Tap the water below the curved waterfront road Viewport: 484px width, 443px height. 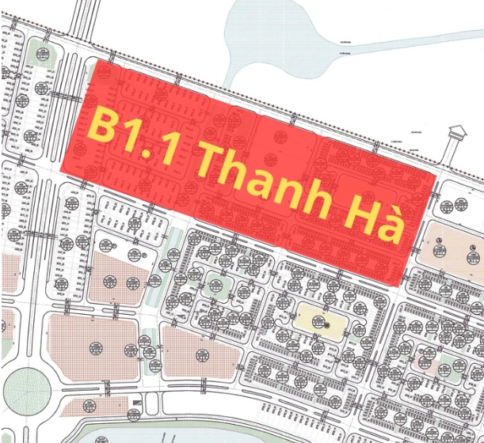coord(238,434)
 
